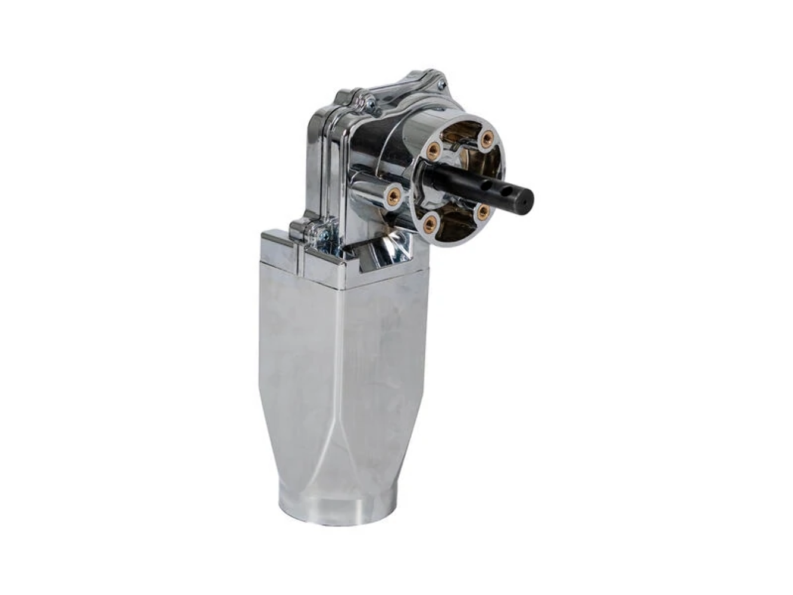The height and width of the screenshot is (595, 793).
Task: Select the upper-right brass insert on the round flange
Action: [487, 139]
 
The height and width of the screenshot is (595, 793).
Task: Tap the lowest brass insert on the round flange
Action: [430, 223]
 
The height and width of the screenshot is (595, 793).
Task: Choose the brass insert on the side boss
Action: [393, 194]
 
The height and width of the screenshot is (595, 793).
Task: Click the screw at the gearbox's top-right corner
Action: [441, 84]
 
